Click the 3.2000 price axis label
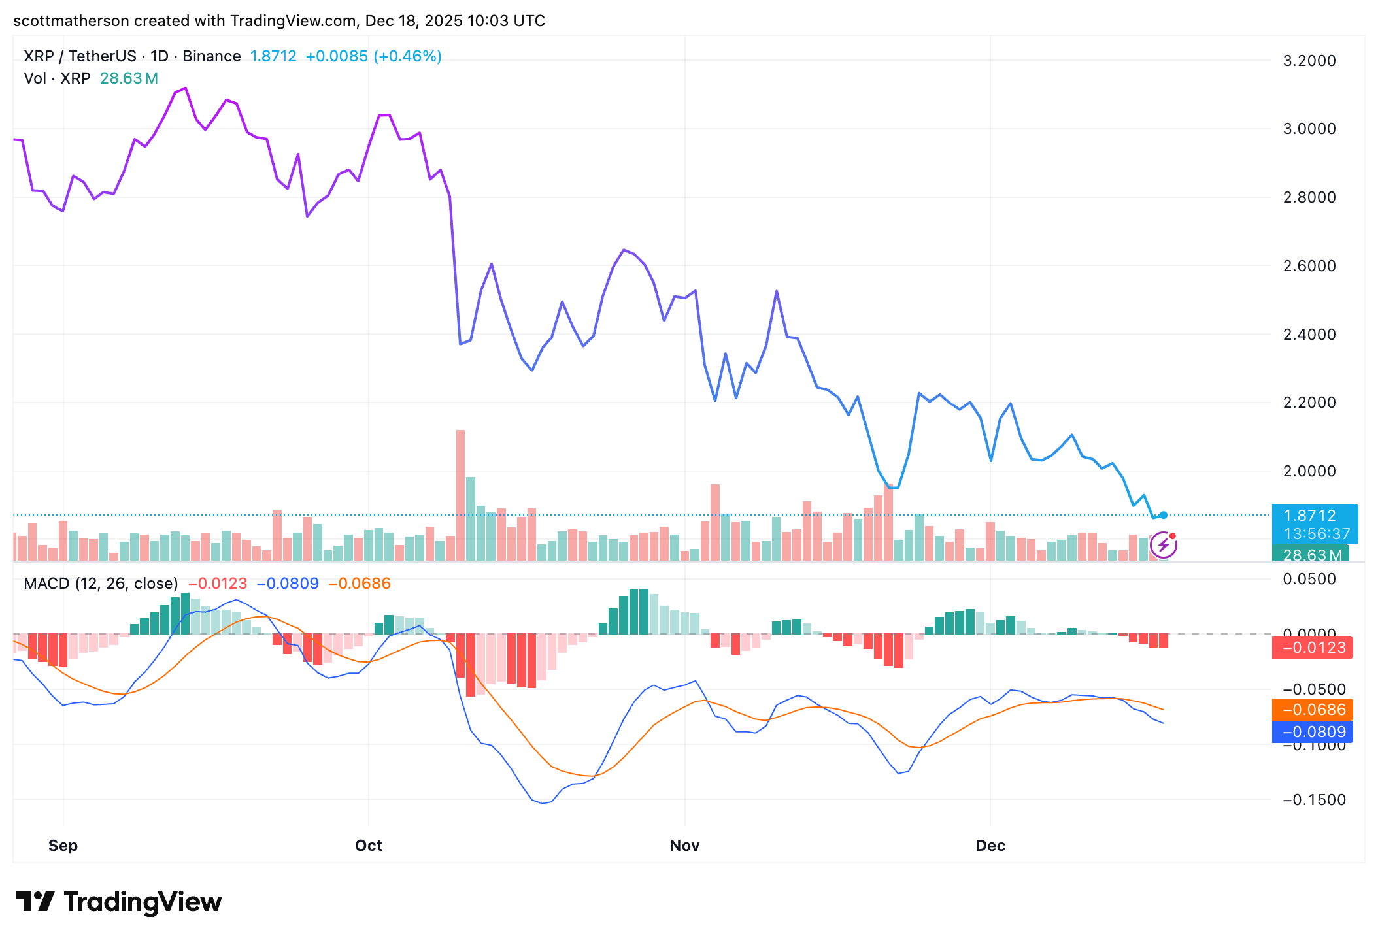(1309, 61)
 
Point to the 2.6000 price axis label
(1309, 266)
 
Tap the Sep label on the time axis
(63, 846)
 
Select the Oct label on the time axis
(369, 846)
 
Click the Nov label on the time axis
(684, 846)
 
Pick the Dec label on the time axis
(990, 846)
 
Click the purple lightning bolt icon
(1164, 545)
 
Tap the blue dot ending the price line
(1164, 515)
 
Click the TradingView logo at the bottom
(119, 902)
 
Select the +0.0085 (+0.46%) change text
(373, 56)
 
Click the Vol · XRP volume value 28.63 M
(129, 78)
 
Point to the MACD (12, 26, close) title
(101, 584)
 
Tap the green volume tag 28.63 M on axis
(1311, 555)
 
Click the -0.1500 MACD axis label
(1314, 800)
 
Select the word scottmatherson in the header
(71, 21)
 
